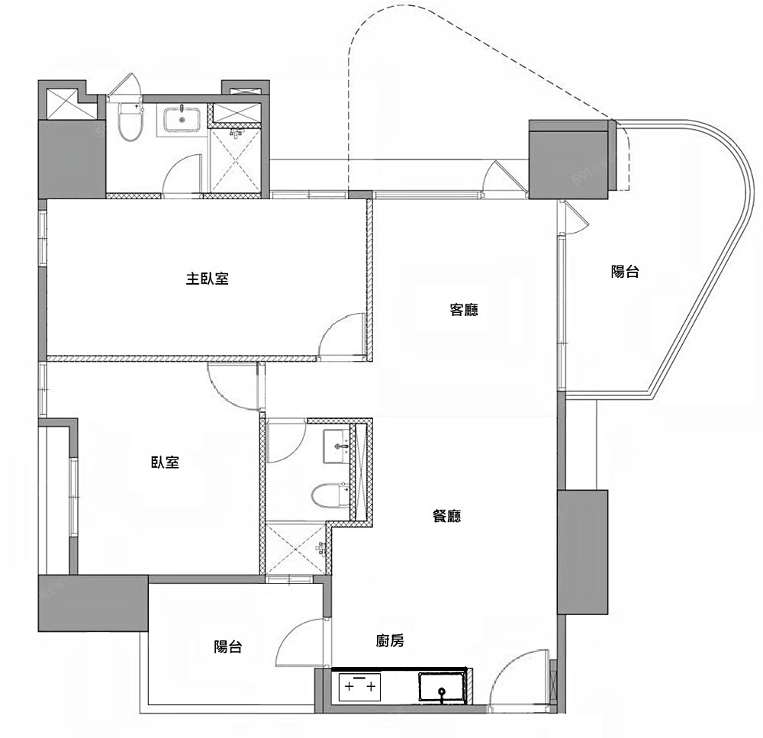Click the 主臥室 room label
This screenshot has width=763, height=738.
[207, 279]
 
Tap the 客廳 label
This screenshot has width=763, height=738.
[464, 310]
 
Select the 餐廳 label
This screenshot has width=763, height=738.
[446, 515]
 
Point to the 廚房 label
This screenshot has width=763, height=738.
[390, 640]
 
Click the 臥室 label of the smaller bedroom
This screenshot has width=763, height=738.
[165, 462]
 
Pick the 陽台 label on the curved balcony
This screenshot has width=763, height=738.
[625, 271]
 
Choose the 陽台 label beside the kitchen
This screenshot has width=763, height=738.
[227, 647]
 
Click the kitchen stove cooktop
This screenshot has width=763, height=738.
[359, 686]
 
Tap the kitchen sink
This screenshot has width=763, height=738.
[442, 688]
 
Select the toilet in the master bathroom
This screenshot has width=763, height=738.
[130, 121]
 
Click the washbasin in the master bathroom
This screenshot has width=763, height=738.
[182, 119]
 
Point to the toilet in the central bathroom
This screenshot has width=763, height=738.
[330, 495]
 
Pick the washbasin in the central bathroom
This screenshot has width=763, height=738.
[336, 446]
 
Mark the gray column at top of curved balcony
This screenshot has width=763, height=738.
[568, 160]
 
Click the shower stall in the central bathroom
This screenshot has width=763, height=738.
[295, 549]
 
